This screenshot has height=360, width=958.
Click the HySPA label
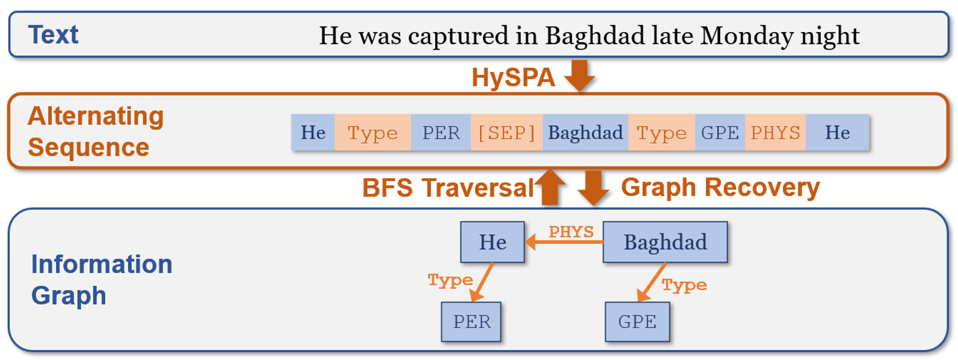513,77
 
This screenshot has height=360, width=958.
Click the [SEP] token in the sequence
506,133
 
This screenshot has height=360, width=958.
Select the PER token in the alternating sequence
441,133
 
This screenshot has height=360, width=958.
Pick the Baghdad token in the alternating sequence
585,133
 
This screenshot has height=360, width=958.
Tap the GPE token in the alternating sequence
720,133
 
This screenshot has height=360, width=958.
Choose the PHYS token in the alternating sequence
775,133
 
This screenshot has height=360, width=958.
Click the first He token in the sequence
313,133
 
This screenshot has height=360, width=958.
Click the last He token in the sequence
837,133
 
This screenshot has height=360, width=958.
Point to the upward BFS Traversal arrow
550,187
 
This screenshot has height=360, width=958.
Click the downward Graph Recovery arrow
593,188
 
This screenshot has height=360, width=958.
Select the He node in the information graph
493,242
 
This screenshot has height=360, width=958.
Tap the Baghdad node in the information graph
665,242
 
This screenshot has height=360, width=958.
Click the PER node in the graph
471,322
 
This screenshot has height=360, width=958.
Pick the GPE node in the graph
637,322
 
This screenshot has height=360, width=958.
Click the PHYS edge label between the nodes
571,232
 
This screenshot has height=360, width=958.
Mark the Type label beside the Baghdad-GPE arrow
684,285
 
